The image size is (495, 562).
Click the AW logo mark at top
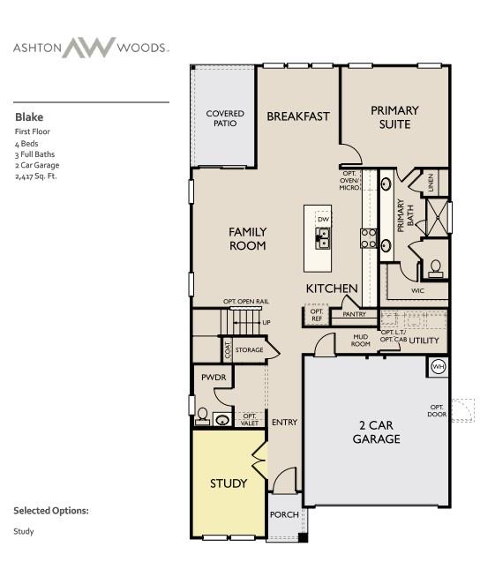[87, 48]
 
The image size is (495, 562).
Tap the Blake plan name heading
[28, 116]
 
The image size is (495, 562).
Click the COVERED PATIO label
[225, 118]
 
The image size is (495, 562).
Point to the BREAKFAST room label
[298, 116]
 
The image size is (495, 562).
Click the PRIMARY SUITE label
[394, 117]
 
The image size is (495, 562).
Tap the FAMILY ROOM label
[247, 238]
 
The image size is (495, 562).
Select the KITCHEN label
[332, 288]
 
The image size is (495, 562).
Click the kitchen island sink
[324, 238]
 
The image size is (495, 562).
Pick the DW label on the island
[324, 219]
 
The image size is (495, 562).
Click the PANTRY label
[354, 313]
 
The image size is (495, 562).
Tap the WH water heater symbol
[438, 366]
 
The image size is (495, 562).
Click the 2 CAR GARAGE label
[377, 431]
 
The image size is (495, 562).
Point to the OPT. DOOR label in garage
[437, 410]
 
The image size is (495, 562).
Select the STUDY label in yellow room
[228, 483]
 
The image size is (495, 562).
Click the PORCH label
[283, 515]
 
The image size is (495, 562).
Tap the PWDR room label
[214, 377]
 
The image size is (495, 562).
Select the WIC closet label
[417, 290]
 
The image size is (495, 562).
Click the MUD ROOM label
[362, 341]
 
